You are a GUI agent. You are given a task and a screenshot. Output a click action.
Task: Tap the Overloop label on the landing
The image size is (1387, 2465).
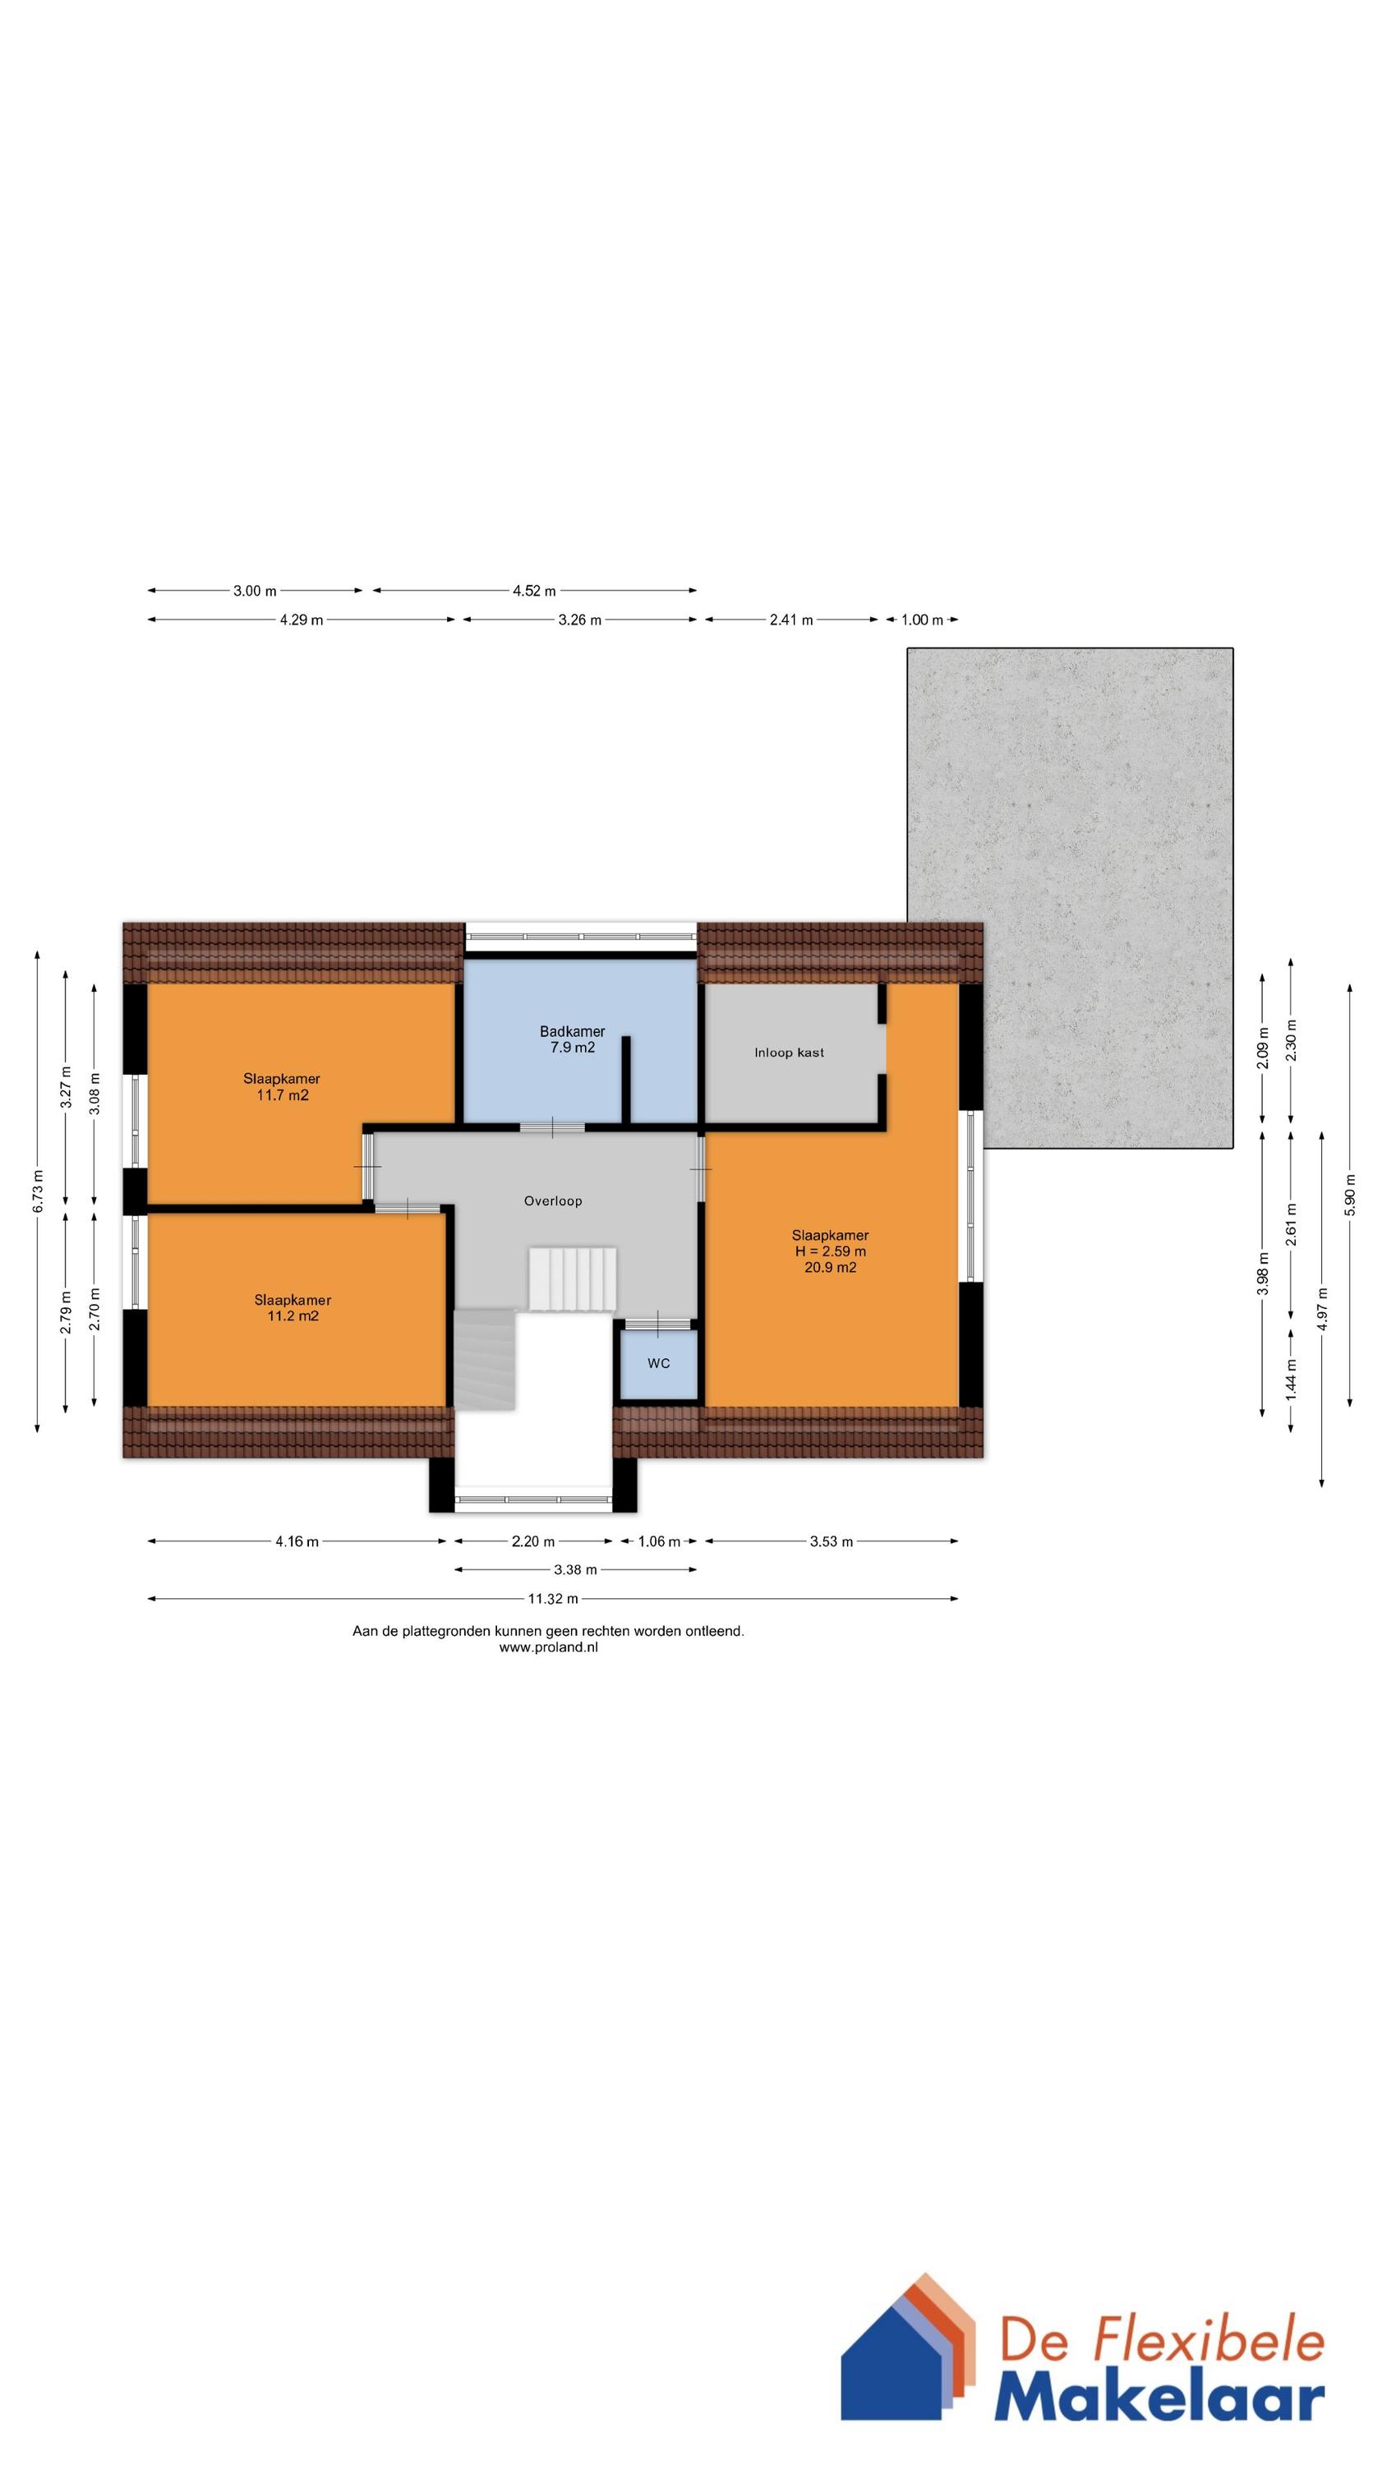click(552, 1201)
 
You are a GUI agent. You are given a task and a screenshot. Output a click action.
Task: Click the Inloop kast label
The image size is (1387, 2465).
click(789, 1053)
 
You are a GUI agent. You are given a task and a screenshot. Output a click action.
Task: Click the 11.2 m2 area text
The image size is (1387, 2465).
click(292, 1315)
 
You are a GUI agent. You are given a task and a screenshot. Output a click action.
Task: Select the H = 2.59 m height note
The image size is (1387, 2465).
click(830, 1251)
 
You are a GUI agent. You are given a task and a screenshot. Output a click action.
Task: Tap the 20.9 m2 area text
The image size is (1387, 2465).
click(830, 1268)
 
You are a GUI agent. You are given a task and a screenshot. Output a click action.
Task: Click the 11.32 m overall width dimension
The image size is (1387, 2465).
click(553, 1598)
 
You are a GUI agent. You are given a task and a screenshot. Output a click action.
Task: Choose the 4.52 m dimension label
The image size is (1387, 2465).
click(534, 591)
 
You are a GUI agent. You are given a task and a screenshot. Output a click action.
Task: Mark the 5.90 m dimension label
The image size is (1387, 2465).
click(1351, 1193)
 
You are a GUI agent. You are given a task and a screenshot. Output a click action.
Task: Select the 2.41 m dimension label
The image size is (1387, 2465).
click(790, 620)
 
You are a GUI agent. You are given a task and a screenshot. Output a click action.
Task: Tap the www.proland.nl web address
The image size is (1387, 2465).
click(547, 1647)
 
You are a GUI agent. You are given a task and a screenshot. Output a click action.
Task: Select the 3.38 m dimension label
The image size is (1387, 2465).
click(576, 1569)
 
